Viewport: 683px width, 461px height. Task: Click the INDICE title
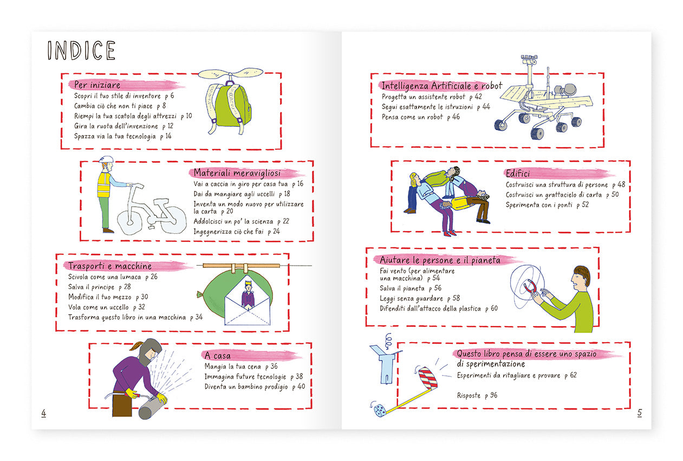[x=81, y=50]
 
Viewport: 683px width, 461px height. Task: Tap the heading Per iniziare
[x=97, y=85]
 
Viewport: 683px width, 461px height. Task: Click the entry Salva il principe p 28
[x=100, y=287]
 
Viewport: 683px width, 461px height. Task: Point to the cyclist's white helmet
[x=106, y=159]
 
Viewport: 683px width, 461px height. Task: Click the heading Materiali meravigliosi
[x=237, y=173]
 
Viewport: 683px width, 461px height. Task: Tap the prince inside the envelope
[x=248, y=294]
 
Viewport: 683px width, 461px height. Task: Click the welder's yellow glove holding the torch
[x=132, y=393]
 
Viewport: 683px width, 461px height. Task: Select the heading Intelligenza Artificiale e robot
[x=442, y=86]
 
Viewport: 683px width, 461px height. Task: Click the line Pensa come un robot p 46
[x=421, y=117]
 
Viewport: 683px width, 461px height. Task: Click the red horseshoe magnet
[x=530, y=287]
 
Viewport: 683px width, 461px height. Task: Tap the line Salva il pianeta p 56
[x=411, y=288]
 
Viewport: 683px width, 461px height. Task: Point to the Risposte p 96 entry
[x=477, y=395]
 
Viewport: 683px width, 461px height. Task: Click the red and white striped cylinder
[x=428, y=378]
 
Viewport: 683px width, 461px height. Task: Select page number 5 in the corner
[x=639, y=413]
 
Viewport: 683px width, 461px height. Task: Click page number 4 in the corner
[x=44, y=413]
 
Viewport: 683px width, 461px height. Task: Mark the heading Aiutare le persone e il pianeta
[x=440, y=260]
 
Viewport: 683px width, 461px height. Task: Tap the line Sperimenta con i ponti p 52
[x=547, y=205]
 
